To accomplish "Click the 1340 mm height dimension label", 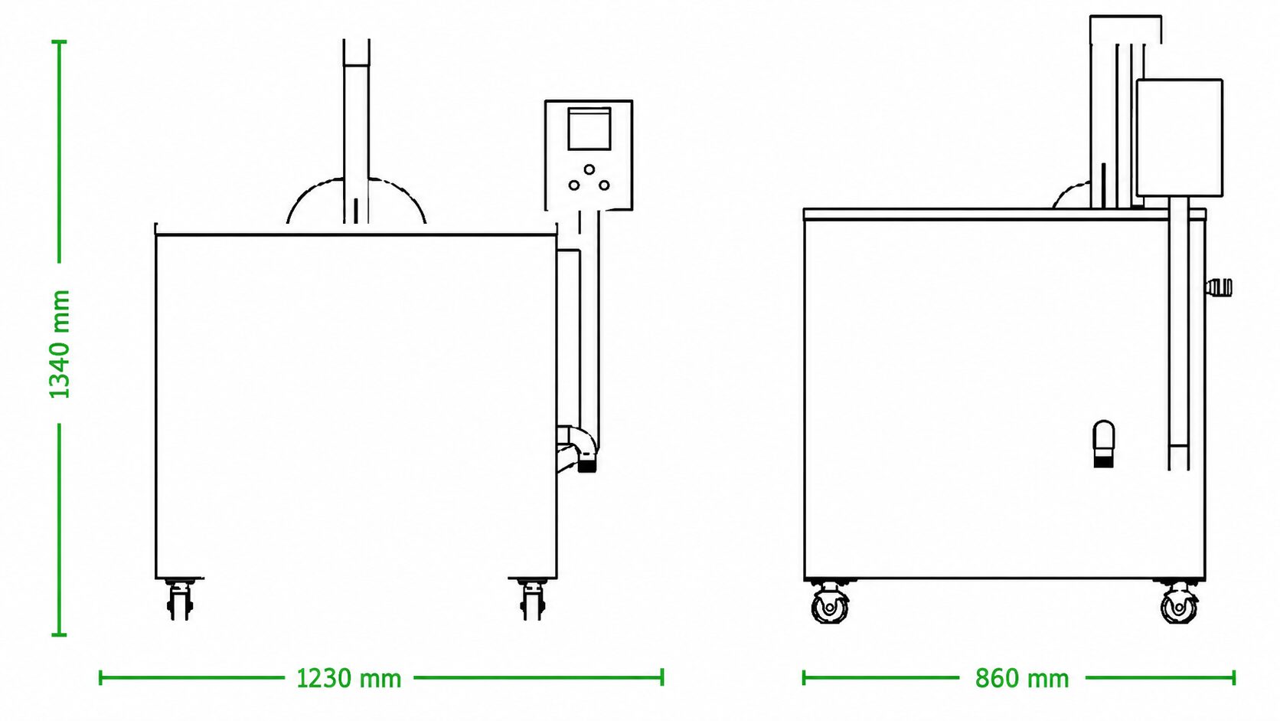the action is tap(60, 344).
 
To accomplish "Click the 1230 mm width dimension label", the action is tap(348, 679).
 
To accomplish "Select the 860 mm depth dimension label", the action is tap(1022, 679).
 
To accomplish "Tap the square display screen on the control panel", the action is tap(589, 129).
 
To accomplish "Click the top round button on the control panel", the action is tap(589, 169).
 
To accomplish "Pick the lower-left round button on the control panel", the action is tap(574, 185).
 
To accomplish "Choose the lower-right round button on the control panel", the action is tap(604, 185).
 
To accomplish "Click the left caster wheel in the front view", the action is tap(179, 601).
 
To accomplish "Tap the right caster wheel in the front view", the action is tap(533, 601).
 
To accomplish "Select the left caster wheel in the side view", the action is tap(831, 604).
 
